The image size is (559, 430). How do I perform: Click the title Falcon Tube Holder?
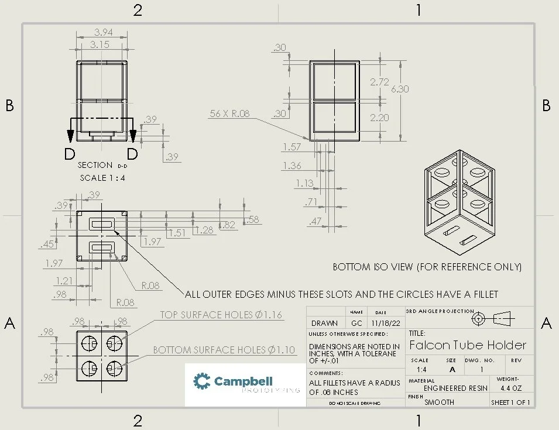point(467,345)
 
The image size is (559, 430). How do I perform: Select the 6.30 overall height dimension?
point(400,89)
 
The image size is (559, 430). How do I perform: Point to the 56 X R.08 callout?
point(229,113)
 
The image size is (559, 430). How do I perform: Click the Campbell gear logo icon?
point(202,382)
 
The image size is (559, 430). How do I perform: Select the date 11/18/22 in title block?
point(381,323)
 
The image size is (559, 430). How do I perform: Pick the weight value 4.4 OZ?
point(512,388)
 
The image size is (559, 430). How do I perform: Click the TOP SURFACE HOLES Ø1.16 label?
point(221,315)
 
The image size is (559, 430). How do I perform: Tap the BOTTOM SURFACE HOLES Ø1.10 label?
point(224,350)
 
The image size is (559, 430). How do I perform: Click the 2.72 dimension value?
point(379,82)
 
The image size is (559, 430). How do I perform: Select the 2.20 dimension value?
point(379,118)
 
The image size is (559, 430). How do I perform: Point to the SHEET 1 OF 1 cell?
point(510,402)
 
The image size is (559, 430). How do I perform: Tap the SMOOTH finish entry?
point(439,402)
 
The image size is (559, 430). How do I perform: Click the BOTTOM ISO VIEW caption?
point(427,267)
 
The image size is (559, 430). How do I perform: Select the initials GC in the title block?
point(357,323)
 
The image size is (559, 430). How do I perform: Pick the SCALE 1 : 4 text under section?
point(102,178)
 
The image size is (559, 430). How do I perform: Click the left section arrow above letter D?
point(71,136)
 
